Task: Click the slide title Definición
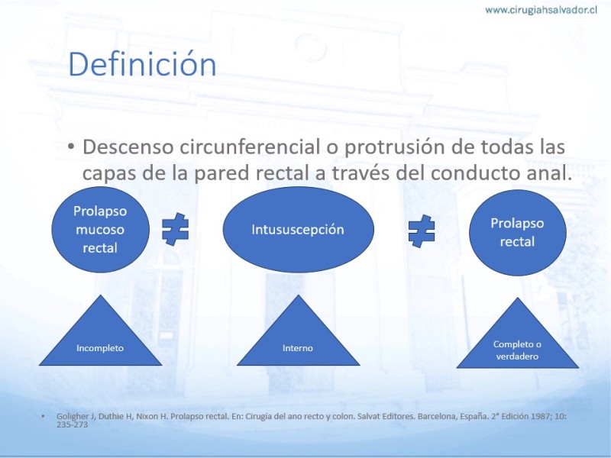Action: [x=142, y=64]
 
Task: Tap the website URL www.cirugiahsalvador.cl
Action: [x=541, y=10]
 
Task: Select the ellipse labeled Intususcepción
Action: [x=298, y=230]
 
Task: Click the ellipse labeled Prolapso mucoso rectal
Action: [x=100, y=230]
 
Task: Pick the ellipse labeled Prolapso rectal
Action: [x=518, y=233]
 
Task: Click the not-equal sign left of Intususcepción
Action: [x=176, y=230]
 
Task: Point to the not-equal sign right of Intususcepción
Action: [x=422, y=231]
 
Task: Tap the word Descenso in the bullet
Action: [x=128, y=147]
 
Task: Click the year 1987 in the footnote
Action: [x=537, y=416]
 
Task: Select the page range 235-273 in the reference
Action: [x=72, y=424]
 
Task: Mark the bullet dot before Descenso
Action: [x=71, y=147]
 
